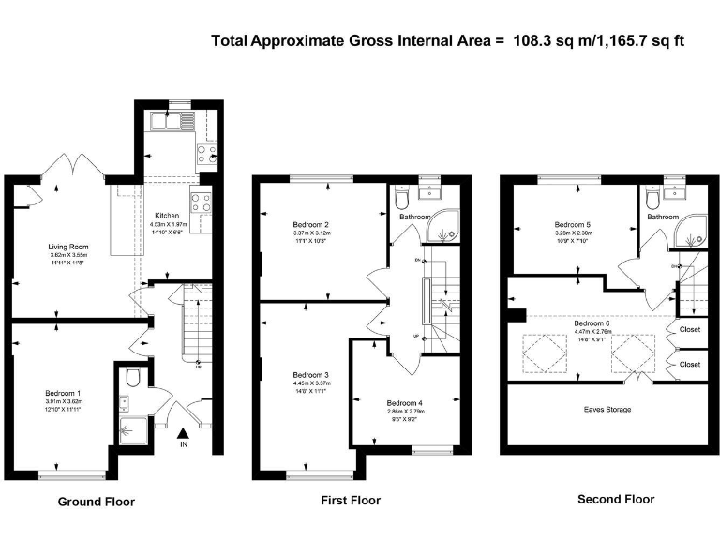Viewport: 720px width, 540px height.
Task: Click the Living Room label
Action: tap(67, 247)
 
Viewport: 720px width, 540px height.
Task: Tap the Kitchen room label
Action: tap(166, 215)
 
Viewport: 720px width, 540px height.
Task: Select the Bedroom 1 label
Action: tap(64, 393)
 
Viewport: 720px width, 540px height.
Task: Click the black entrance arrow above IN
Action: tap(183, 432)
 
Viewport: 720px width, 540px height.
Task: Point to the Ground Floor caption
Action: tap(96, 502)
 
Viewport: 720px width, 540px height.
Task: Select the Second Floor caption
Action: tap(615, 500)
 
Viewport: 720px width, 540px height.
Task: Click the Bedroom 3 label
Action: tap(310, 374)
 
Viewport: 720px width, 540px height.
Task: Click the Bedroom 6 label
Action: tap(592, 323)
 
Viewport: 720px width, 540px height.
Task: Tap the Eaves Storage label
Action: tap(607, 410)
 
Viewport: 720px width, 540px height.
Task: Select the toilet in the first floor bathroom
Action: tap(402, 199)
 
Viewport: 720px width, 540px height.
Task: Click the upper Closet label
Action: tap(689, 330)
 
